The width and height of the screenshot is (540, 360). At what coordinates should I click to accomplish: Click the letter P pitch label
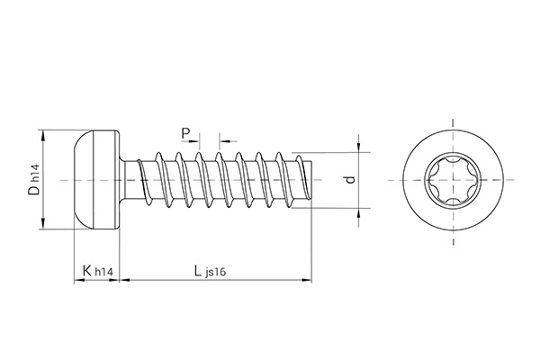[x=185, y=134]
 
